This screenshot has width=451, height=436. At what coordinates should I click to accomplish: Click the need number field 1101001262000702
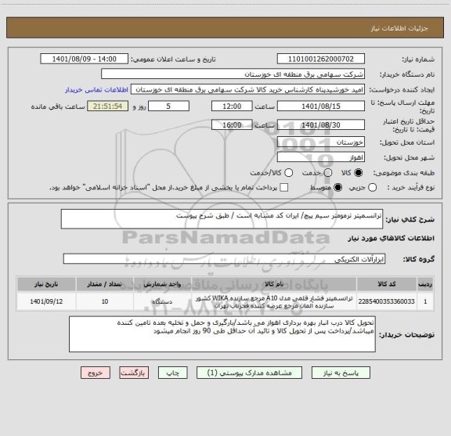pyautogui.click(x=320, y=59)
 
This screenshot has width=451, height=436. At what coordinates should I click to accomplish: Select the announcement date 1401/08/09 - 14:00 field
pyautogui.click(x=88, y=59)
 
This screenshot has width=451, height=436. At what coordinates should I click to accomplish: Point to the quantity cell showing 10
pyautogui.click(x=105, y=301)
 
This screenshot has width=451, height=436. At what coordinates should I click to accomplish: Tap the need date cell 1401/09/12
pyautogui.click(x=45, y=301)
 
